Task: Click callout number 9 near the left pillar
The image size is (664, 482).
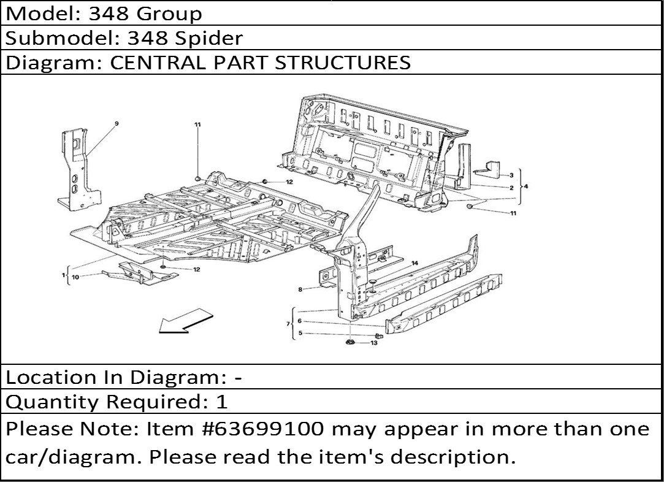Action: tap(116, 124)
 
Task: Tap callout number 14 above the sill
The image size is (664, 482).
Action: tap(414, 263)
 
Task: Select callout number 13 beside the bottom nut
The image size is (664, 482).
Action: tap(374, 343)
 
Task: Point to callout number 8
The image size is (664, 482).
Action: tap(300, 289)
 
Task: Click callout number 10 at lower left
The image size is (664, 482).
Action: tap(75, 277)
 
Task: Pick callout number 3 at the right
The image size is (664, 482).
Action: tap(511, 175)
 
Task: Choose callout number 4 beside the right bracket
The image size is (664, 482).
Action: tap(526, 186)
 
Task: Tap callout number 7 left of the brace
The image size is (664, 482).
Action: tap(288, 324)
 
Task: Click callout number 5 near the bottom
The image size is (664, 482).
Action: tap(300, 333)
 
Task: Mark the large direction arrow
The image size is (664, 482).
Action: tap(186, 321)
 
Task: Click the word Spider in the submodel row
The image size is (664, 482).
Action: tap(209, 38)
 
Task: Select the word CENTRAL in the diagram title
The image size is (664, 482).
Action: tap(158, 63)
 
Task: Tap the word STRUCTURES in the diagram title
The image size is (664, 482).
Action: tap(343, 63)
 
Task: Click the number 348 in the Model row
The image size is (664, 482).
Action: tap(109, 14)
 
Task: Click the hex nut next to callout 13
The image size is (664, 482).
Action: tap(350, 342)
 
